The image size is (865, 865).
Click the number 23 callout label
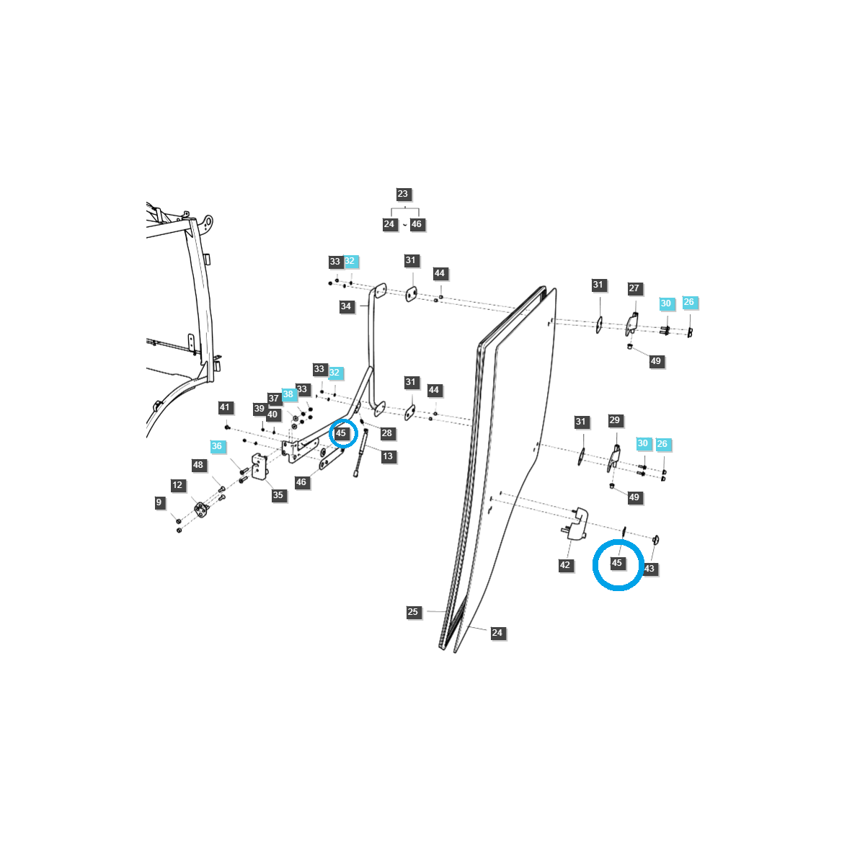point(402,194)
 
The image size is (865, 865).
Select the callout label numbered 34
point(346,306)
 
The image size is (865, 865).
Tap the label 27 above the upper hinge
point(634,288)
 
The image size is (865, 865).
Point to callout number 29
point(614,420)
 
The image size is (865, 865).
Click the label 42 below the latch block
point(565,565)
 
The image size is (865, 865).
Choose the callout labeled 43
point(649,569)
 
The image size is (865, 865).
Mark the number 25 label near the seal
point(412,612)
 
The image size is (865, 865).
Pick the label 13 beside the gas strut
point(388,456)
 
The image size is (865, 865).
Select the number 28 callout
point(387,433)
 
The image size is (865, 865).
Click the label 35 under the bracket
point(278,495)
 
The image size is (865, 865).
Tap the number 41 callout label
point(225,408)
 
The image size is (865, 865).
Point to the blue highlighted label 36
point(217,446)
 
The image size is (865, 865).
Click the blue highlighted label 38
point(288,394)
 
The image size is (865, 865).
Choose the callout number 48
point(198,465)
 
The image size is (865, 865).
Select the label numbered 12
point(177,485)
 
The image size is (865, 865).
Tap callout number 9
point(159,502)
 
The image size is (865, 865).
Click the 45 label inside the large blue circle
point(617,563)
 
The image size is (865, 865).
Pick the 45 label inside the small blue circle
point(341,433)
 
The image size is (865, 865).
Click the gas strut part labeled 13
point(360,453)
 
